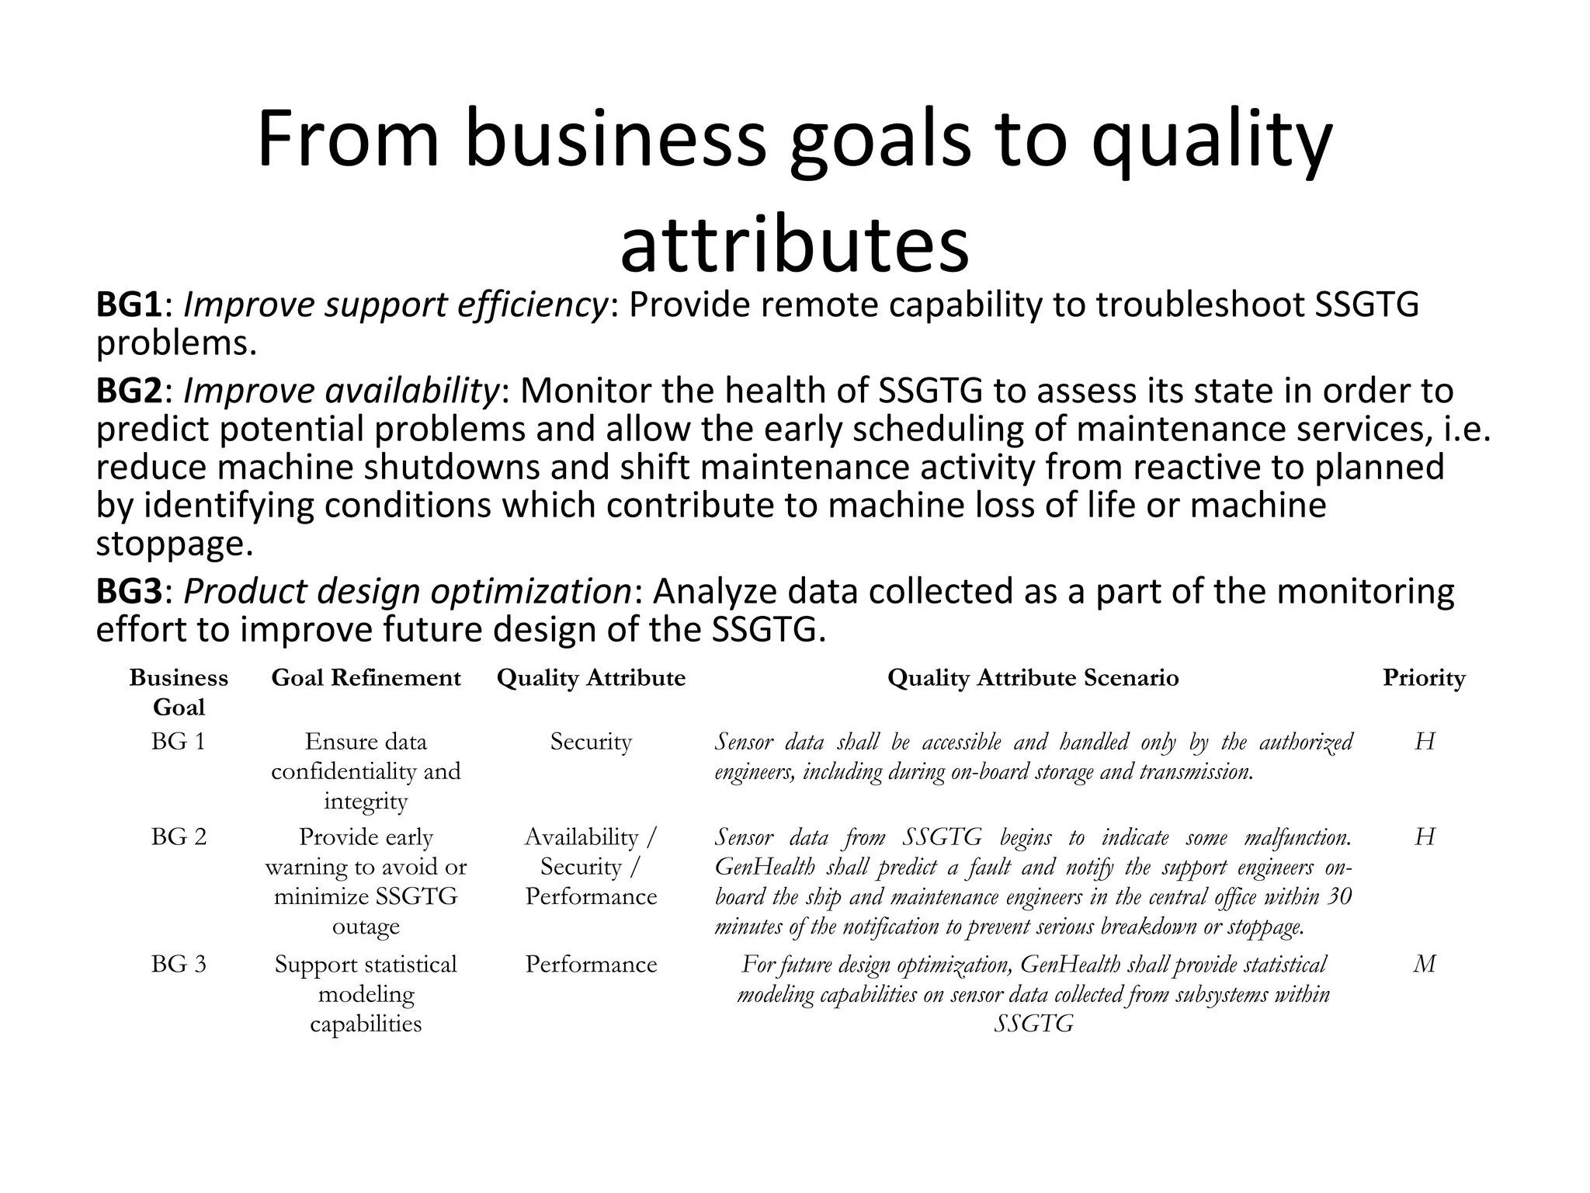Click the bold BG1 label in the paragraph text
pos(129,305)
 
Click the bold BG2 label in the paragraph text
pos(129,391)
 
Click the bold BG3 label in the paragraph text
pos(129,592)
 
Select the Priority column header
pos(1423,678)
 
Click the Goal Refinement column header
pos(366,678)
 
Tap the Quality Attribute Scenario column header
pos(1033,678)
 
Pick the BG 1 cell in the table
pos(179,742)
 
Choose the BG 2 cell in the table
pos(179,837)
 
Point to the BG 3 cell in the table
pos(179,965)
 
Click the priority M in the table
pos(1424,965)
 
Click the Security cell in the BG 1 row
pos(591,742)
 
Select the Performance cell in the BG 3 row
pos(591,965)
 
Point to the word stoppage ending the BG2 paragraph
pos(174,544)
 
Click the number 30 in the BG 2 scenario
pos(1338,897)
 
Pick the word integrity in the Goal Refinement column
pos(366,802)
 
